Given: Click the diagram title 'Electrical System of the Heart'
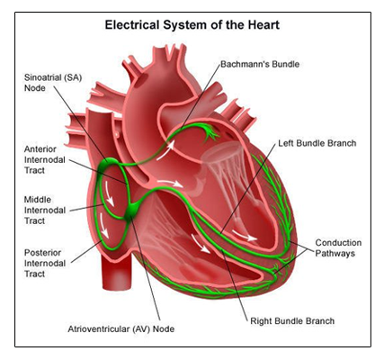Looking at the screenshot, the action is (192, 24).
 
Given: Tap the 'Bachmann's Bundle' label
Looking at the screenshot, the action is (260, 64).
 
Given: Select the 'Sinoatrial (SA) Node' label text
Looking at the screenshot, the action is (53, 83).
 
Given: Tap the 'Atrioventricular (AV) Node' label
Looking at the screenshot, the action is (121, 329).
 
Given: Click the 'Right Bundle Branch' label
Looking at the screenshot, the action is (292, 321).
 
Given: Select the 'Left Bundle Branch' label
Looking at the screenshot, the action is (317, 143).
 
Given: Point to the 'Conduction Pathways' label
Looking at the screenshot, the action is (338, 247).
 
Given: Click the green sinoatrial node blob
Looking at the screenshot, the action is (109, 164).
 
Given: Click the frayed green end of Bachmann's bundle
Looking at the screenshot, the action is (211, 132).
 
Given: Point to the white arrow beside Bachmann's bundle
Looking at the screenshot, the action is (165, 150).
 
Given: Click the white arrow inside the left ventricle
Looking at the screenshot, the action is (245, 236).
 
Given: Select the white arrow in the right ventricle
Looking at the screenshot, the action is (201, 243).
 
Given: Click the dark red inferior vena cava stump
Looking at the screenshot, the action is (117, 272).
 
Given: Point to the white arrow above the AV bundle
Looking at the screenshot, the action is (170, 184).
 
